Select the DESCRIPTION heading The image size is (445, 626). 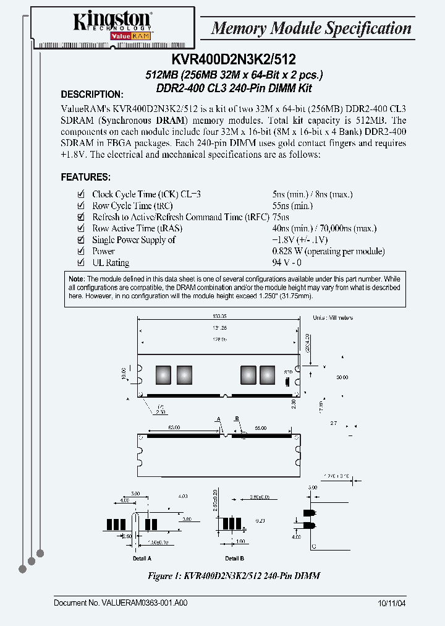(92, 95)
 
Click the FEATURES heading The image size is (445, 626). (85, 177)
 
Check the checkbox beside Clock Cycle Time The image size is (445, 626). (80, 194)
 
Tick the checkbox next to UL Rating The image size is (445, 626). (80, 263)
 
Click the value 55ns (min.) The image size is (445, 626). (292, 206)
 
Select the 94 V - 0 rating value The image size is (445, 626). (287, 263)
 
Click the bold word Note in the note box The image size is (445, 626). (77, 279)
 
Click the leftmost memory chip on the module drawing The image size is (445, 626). (163, 375)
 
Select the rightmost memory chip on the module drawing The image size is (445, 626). (267, 375)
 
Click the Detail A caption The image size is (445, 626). (142, 558)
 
